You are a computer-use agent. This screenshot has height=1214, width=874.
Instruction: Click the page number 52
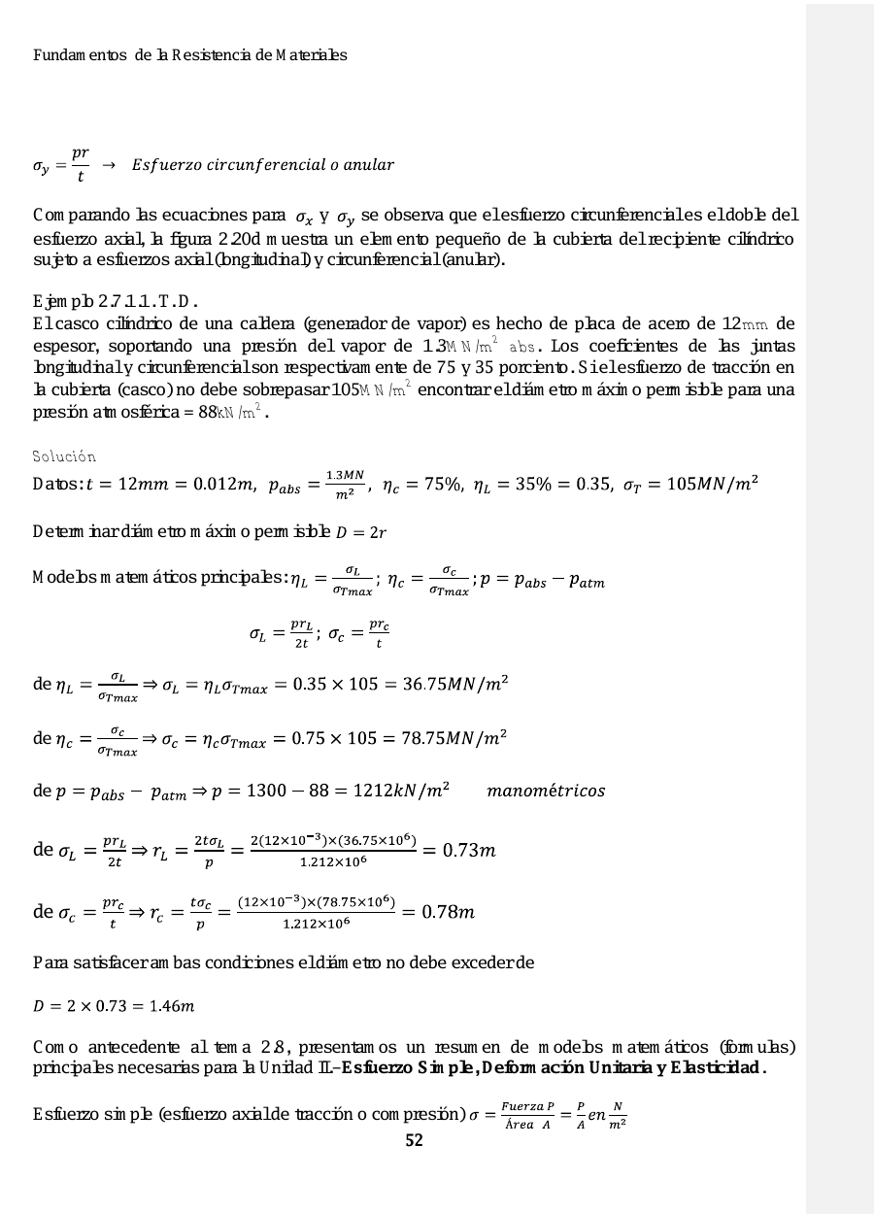point(414,1141)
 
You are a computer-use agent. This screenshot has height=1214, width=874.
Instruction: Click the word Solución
point(64,456)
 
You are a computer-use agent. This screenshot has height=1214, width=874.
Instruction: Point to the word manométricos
point(546,792)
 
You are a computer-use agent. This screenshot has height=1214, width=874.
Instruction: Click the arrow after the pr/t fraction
point(109,165)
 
